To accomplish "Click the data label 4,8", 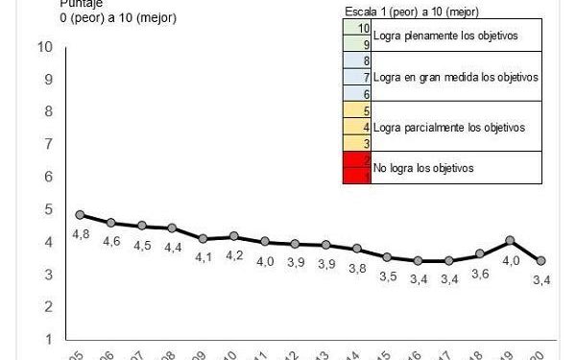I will (81, 233).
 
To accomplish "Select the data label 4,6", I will (111, 241).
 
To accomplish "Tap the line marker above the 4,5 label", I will (142, 226).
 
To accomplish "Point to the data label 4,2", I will (233, 254).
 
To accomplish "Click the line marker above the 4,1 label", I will (203, 238).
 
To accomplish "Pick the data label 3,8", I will (357, 268).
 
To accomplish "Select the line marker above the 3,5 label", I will (387, 257).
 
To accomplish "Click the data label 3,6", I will (479, 274).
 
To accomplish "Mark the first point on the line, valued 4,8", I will (81, 215).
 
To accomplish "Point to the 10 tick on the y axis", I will (44, 47).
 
